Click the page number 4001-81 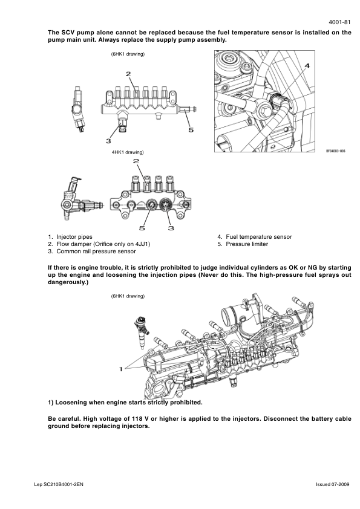[x=339, y=22]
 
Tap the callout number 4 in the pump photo [x=307, y=66]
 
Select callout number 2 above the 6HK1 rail [x=128, y=74]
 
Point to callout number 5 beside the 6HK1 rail [x=191, y=130]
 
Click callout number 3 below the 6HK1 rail [x=108, y=141]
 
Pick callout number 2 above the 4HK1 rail [x=136, y=161]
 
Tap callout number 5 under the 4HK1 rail [x=142, y=229]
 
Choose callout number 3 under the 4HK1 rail [x=171, y=229]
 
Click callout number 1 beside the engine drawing [x=121, y=369]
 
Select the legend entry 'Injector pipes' [x=74, y=237]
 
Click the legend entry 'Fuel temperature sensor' [x=259, y=237]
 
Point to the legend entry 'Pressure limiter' [x=247, y=244]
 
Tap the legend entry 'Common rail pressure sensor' [x=96, y=251]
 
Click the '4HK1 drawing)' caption [x=128, y=152]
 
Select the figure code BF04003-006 [x=336, y=151]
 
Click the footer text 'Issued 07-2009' [x=333, y=485]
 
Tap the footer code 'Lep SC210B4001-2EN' [x=59, y=485]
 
